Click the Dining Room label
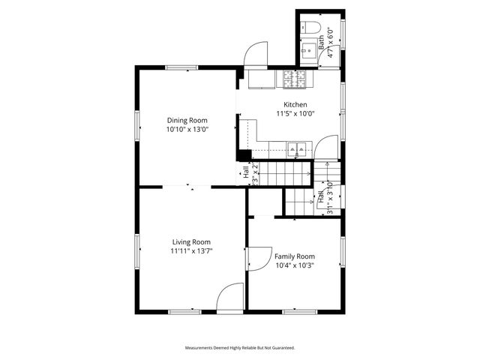pos(187,120)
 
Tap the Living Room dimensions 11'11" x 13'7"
pos(190,251)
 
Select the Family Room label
pos(294,256)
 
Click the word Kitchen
pos(294,105)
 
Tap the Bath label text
pos(321,42)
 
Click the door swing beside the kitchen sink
pos(327,148)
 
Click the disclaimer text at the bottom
pos(240,348)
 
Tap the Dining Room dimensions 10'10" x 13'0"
pos(187,129)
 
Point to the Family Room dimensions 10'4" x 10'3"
pos(294,265)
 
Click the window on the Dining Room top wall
pos(181,68)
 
